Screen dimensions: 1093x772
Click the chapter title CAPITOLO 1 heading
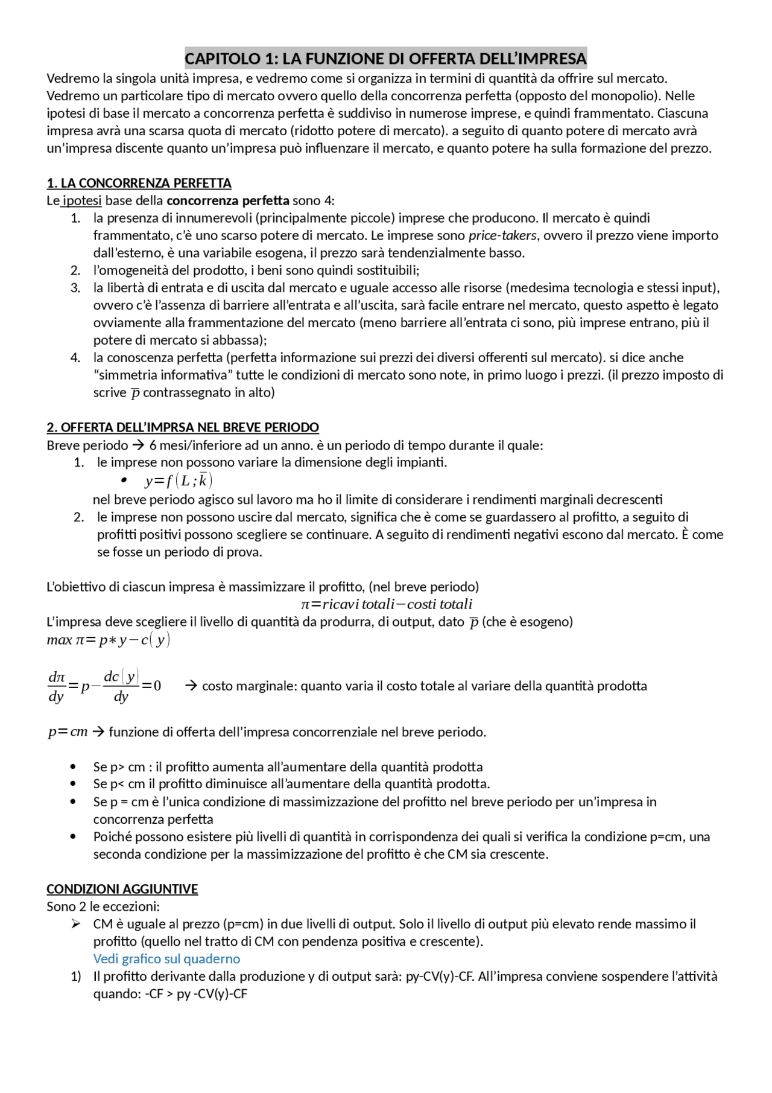click(x=385, y=59)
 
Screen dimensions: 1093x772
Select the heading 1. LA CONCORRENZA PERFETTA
click(x=139, y=183)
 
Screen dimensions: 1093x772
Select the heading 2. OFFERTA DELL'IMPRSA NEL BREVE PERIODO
click(x=183, y=427)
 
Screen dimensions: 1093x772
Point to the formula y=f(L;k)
click(x=179, y=480)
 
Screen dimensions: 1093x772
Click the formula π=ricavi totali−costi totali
click(x=387, y=604)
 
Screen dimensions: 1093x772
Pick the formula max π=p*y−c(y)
click(x=109, y=640)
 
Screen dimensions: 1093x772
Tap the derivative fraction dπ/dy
click(x=56, y=686)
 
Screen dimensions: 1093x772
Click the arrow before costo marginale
click(x=191, y=686)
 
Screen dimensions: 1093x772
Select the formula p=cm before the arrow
click(x=68, y=732)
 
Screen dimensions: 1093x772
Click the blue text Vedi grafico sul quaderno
click(x=166, y=958)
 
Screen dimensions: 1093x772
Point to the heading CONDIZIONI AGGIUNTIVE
click(x=122, y=889)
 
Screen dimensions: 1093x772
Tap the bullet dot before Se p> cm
click(x=74, y=767)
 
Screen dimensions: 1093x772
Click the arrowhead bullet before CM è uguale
click(x=75, y=924)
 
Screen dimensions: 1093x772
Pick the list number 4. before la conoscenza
click(x=75, y=357)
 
